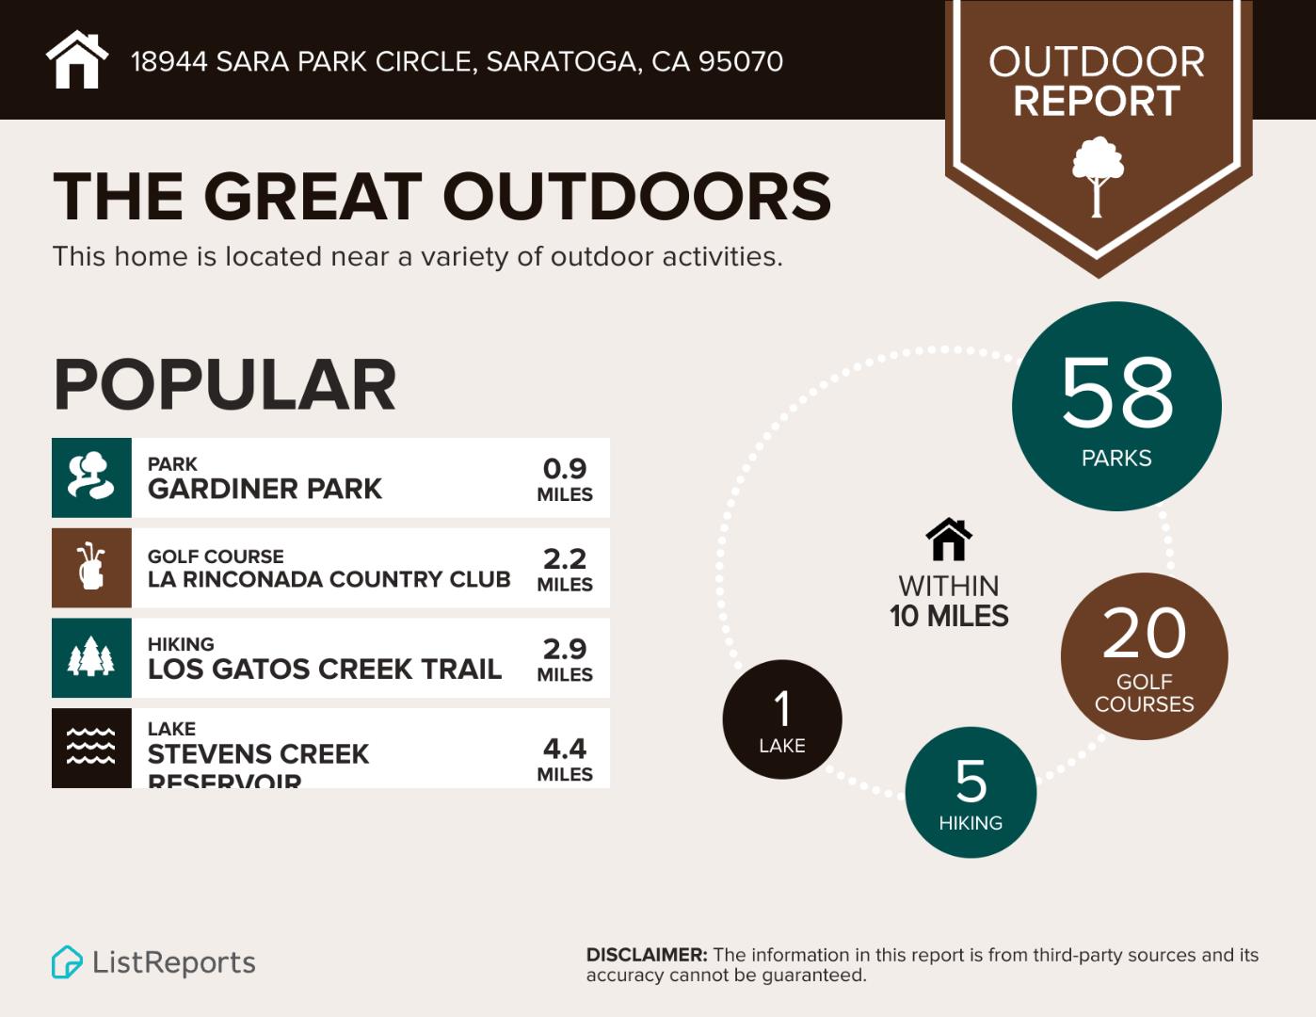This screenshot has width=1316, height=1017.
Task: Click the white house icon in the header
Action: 77,60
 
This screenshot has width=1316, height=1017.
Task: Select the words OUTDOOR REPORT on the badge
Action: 1097,82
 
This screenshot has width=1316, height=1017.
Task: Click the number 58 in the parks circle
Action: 1117,393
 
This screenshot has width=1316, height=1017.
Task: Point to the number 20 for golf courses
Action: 1144,634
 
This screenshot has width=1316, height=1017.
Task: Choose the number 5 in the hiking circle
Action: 971,782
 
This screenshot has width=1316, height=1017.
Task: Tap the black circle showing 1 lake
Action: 782,719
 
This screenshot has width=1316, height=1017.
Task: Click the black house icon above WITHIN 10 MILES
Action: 949,540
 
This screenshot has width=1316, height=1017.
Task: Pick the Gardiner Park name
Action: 265,489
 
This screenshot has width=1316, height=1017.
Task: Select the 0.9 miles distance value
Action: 565,478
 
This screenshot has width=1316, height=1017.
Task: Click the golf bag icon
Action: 91,568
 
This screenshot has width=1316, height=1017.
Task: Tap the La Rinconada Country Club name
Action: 329,579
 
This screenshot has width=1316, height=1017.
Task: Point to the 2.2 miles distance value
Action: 565,569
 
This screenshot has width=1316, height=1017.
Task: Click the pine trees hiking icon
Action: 91,657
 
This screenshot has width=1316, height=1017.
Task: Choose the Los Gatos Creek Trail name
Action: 325,669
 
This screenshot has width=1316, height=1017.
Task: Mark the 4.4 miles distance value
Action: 565,758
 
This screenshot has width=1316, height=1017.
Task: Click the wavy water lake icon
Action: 91,747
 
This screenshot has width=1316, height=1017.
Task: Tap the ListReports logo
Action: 153,962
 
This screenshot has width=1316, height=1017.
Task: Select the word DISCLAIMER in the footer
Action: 647,955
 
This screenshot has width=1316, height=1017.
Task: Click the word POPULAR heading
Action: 225,385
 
